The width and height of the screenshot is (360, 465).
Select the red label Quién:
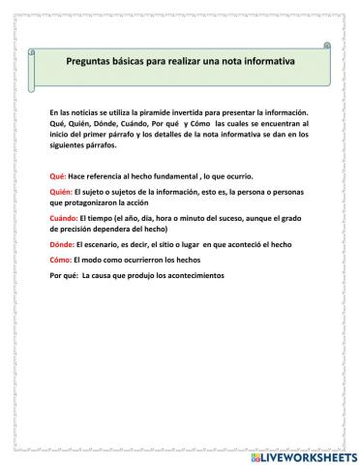tap(61, 194)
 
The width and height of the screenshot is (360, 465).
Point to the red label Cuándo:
tap(64, 220)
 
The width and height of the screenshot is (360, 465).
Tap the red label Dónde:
tap(61, 246)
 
